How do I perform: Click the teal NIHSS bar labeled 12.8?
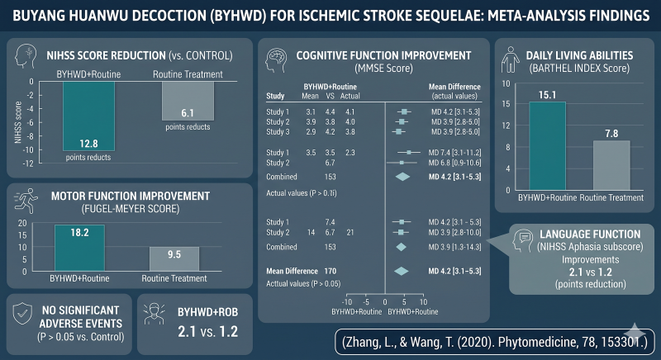88,116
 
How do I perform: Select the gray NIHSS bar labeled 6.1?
188,101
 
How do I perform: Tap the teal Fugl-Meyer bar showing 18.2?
79,248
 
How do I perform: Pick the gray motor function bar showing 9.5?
174,259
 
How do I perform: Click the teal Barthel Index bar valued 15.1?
547,146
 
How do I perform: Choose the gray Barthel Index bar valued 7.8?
611,165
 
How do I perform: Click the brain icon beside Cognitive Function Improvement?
276,60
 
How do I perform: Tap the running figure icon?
26,201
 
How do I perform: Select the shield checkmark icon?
22,314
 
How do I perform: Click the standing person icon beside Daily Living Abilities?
511,59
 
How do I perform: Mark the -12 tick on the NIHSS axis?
28,163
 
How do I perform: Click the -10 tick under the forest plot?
346,302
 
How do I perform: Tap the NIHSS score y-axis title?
17,122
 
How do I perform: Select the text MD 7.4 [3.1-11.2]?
455,153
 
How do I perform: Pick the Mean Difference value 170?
330,271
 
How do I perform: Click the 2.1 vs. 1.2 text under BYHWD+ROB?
208,332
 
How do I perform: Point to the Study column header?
275,96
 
